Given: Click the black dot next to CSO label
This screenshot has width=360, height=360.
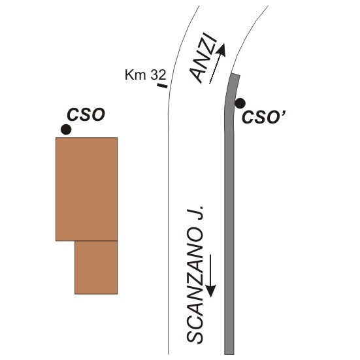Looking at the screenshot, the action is (66, 129).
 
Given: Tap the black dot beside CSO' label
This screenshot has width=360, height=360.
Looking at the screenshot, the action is (240, 103).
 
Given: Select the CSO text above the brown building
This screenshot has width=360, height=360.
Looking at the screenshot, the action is (86, 114).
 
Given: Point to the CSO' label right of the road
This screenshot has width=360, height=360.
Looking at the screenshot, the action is (263, 117).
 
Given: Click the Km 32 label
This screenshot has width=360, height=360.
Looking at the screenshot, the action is (145, 74).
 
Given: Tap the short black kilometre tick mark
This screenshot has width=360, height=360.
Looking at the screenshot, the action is (162, 86).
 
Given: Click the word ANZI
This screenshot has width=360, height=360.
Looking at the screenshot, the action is (204, 59).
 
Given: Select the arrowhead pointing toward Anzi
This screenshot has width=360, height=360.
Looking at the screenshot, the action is (221, 50).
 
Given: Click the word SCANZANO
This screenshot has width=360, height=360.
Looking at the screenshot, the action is (195, 285).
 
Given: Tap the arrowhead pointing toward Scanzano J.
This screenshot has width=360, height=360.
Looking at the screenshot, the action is (210, 291).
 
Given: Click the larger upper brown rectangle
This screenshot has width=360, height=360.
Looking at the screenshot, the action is (87, 189).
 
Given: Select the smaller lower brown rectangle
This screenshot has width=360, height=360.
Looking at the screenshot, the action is (96, 267).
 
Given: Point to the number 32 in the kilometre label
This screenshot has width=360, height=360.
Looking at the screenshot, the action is (158, 74).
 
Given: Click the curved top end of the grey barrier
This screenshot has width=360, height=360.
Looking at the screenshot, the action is (235, 75).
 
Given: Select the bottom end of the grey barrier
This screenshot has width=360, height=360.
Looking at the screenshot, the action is (229, 353).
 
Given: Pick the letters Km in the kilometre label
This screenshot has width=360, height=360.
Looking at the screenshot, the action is (135, 74).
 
